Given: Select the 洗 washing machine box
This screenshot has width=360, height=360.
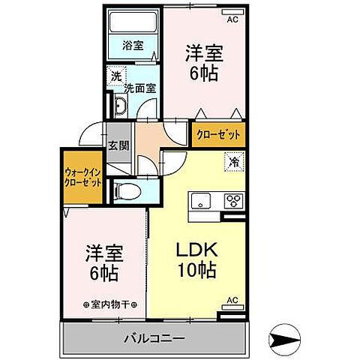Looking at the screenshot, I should pos(116,76).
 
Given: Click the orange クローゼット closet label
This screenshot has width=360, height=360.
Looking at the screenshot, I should pos(218,135).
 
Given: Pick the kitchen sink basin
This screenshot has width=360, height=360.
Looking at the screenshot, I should pos(202,201).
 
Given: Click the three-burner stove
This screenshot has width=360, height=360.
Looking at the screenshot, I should pos(233,201).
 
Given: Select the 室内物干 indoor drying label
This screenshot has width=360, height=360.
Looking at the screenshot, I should pos(110,304).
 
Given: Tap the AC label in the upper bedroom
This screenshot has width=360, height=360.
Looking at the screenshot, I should pos(232,19).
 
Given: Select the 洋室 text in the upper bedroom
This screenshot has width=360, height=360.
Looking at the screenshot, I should pos(204,55).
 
